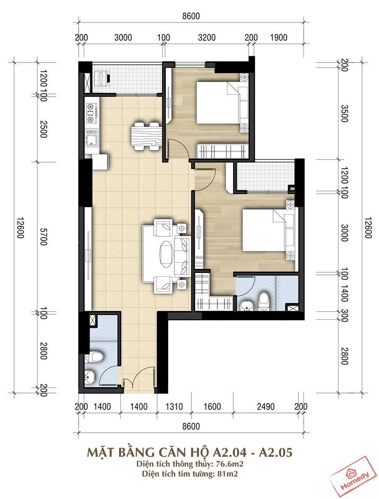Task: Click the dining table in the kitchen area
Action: click(x=146, y=136)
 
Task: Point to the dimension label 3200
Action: click(x=206, y=37)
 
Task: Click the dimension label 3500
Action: click(x=344, y=113)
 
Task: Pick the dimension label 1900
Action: click(x=279, y=37)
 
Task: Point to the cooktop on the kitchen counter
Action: click(x=91, y=112)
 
